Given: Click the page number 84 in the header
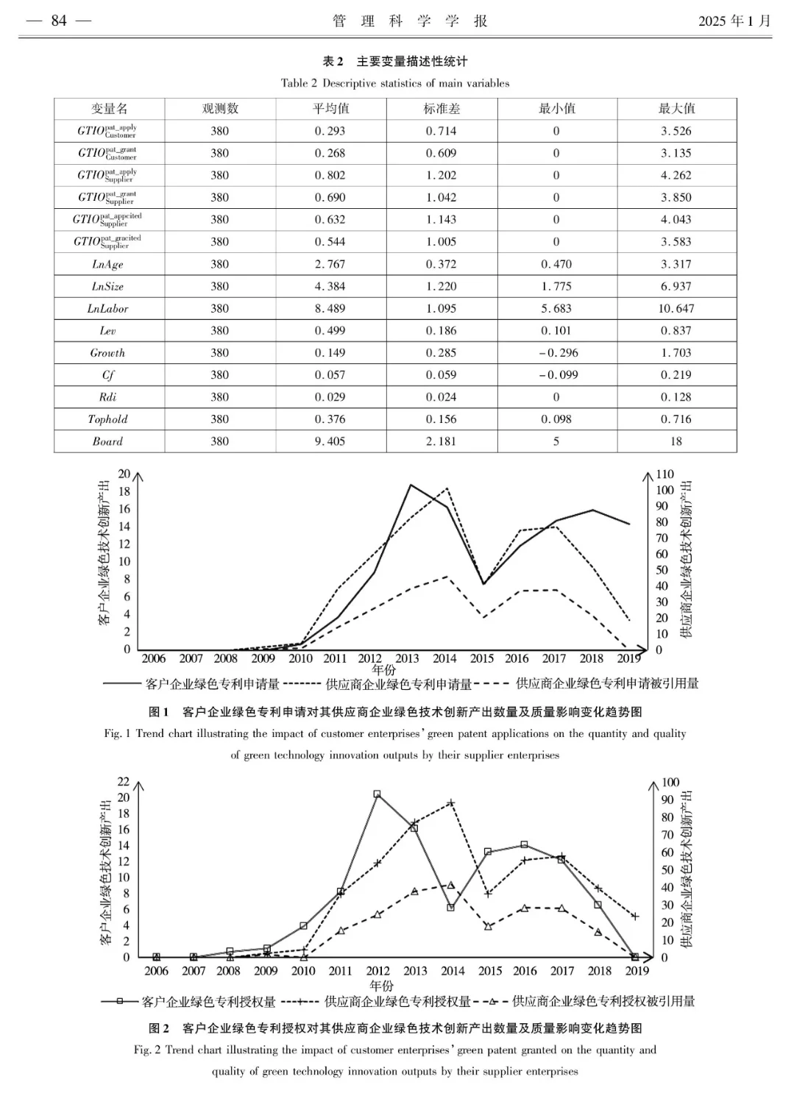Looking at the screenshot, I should click(x=59, y=21).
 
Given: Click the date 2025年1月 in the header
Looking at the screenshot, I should click(x=734, y=21).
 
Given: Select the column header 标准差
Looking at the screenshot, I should click(x=442, y=109).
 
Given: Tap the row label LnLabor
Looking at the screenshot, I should click(x=108, y=309).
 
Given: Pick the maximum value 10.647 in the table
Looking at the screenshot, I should click(x=676, y=309).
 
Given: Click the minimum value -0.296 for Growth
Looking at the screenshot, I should click(x=556, y=353).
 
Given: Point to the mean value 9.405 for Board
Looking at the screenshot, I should click(x=330, y=441).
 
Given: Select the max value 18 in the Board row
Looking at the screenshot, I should click(x=676, y=441).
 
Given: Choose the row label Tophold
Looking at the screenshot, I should click(x=108, y=419).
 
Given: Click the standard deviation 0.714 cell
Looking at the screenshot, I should click(x=442, y=131).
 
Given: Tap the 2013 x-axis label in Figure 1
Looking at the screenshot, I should click(x=407, y=659).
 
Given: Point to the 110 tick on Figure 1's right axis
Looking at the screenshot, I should click(x=664, y=474).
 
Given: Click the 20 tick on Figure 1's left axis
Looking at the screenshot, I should click(x=124, y=474).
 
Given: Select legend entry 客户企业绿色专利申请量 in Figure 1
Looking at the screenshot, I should click(x=213, y=684).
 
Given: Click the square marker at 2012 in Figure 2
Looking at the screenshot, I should click(x=377, y=794).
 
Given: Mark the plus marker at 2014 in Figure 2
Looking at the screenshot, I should click(x=452, y=803).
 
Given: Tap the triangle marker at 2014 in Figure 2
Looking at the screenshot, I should click(x=451, y=885).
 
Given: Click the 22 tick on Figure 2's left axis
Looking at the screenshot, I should click(x=124, y=781).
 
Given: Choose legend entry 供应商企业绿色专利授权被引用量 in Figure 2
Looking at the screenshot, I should click(x=603, y=1001).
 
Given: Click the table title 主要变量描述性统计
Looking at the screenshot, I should click(x=412, y=61).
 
